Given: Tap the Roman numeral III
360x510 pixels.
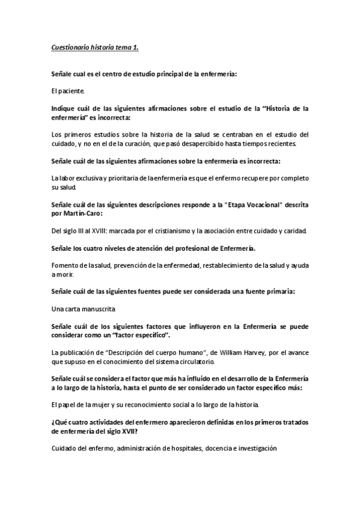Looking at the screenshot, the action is click(91, 230).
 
